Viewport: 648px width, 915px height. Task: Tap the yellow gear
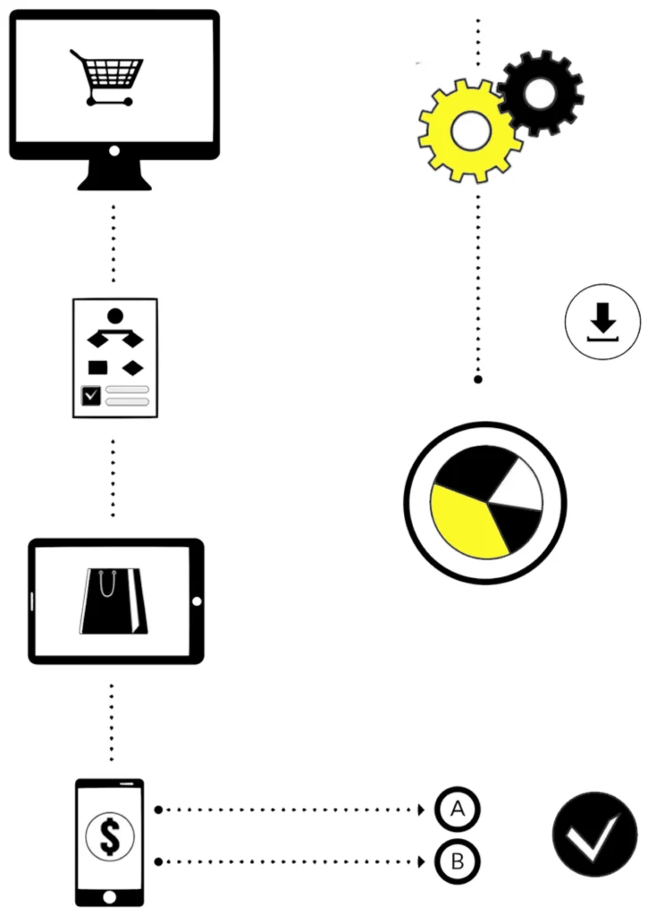pyautogui.click(x=470, y=130)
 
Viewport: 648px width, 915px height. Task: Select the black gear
pyautogui.click(x=541, y=93)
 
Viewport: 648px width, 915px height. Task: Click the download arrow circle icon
pyautogui.click(x=602, y=322)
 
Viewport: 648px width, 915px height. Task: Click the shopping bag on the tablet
pyautogui.click(x=114, y=601)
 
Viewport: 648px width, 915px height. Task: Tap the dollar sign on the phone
pyautogui.click(x=110, y=835)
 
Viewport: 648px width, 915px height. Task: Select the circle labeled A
pyautogui.click(x=458, y=810)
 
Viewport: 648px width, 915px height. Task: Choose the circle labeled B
pyautogui.click(x=458, y=861)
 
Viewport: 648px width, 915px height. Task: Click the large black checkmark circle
pyautogui.click(x=595, y=835)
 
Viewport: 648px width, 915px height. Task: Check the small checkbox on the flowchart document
pyautogui.click(x=92, y=396)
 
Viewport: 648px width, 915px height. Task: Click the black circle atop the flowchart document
pyautogui.click(x=115, y=316)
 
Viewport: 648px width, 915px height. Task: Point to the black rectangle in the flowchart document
pyautogui.click(x=97, y=367)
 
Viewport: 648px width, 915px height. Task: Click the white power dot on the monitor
pyautogui.click(x=114, y=151)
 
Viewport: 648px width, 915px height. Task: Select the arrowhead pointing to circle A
pyautogui.click(x=422, y=810)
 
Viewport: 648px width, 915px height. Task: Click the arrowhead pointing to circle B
pyautogui.click(x=422, y=862)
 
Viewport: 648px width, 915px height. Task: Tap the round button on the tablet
pyautogui.click(x=197, y=601)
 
